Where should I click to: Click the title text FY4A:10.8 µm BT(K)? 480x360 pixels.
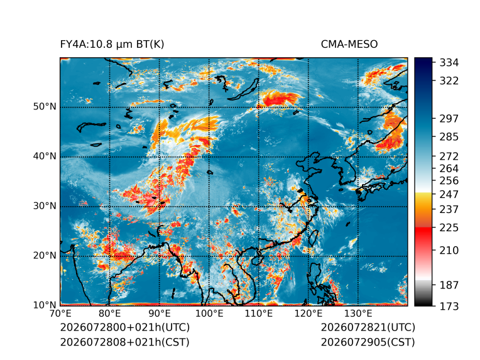(112, 45)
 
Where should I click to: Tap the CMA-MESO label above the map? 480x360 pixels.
(349, 45)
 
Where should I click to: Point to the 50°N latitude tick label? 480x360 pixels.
(45, 107)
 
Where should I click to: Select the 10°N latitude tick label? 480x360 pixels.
(45, 305)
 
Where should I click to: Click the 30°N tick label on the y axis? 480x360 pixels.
(45, 206)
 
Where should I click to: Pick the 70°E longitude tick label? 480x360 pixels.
(60, 314)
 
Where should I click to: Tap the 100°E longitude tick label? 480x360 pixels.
(209, 314)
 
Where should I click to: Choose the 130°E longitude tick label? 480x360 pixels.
(358, 314)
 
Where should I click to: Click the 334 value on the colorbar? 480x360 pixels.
(449, 63)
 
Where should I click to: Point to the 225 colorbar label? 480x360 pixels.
(449, 228)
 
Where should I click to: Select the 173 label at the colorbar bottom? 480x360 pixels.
(449, 306)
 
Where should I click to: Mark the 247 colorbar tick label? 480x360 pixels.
(449, 194)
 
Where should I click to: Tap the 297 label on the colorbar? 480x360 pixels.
(449, 119)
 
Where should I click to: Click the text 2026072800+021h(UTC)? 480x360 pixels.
(125, 327)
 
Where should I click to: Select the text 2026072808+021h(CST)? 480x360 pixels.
(124, 342)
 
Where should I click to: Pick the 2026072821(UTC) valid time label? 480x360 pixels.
(368, 327)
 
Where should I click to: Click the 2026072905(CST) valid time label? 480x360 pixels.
(368, 342)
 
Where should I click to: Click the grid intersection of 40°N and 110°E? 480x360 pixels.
(259, 156)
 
